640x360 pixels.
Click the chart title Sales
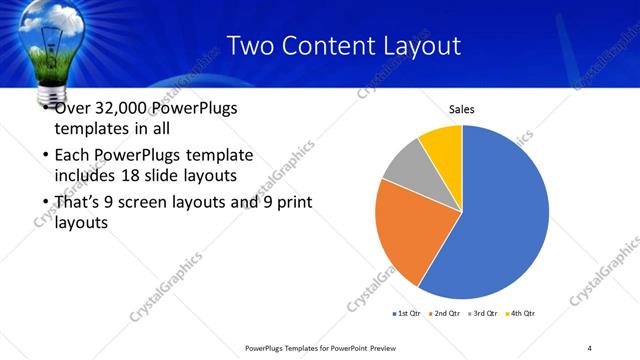point(461,110)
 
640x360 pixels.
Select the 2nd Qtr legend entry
point(444,314)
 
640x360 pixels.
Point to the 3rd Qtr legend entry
point(482,314)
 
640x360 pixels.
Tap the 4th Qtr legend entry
point(520,314)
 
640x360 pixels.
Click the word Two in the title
point(250,45)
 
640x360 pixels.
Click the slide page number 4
point(590,347)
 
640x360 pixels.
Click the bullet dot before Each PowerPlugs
point(45,156)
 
